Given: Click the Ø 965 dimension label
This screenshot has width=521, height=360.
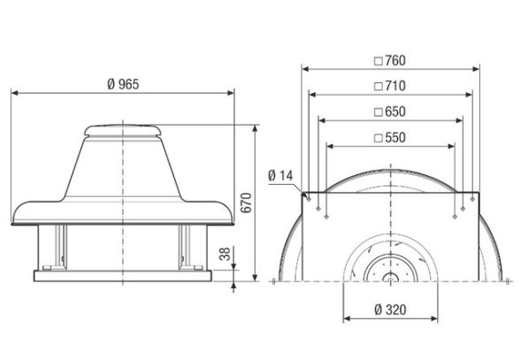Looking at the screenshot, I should (x=123, y=83).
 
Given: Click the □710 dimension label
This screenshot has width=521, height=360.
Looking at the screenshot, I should (x=389, y=87).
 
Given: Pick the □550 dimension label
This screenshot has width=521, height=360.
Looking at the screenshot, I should (x=389, y=138).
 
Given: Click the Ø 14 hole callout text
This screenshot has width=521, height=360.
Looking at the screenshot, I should (x=280, y=175).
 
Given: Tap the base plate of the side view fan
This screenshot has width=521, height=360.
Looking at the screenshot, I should (x=123, y=275).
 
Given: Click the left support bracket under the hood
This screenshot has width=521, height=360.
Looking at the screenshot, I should (x=60, y=245).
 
